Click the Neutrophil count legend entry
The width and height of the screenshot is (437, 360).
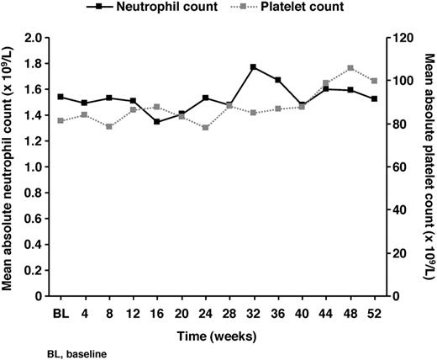(167, 7)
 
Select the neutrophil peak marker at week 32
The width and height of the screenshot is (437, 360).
(253, 66)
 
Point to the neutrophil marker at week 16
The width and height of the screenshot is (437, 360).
(157, 121)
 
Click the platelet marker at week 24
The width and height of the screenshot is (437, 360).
(205, 127)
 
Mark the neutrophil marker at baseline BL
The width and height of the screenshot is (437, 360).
(61, 97)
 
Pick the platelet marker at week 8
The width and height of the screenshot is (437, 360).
(109, 126)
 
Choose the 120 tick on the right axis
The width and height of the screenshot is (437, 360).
(398, 38)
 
